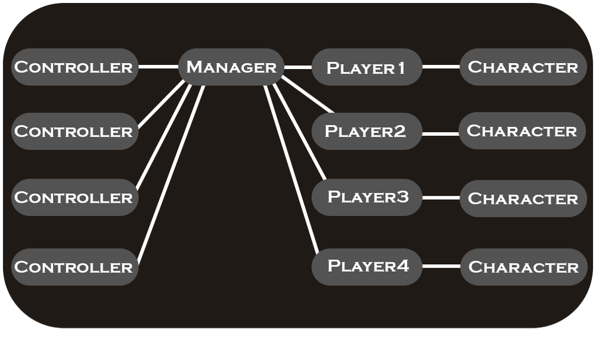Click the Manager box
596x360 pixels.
coord(231,67)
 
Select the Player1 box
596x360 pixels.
coord(367,67)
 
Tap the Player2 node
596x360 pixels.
coord(367,131)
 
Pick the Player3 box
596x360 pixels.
coord(367,197)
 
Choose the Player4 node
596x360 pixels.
coord(367,266)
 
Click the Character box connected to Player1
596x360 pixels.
coord(523,67)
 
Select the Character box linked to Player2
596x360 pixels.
coord(522,131)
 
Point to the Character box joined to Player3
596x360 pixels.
coord(523,198)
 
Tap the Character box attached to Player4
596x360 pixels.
coord(523,266)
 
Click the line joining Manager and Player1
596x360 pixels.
coord(298,67)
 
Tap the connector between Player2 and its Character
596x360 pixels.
coord(440,133)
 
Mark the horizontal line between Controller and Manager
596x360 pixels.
coord(159,67)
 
